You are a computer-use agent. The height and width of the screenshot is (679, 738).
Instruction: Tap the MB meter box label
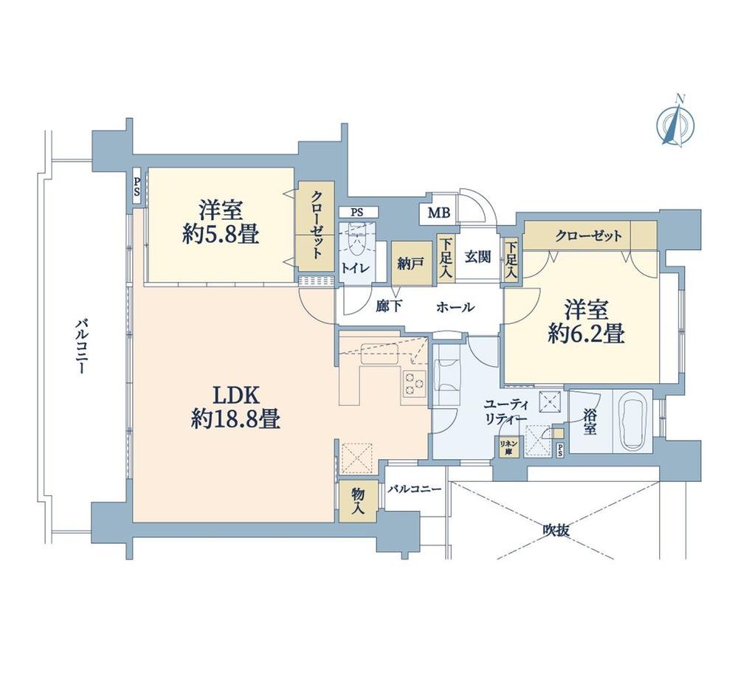438,213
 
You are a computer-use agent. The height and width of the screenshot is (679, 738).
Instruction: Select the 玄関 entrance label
478,257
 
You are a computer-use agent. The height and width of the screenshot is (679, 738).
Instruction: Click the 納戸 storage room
411,263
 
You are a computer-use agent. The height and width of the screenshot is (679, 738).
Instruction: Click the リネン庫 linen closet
508,447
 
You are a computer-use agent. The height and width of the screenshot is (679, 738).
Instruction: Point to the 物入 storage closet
358,500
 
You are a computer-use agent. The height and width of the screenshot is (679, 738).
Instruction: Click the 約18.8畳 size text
236,418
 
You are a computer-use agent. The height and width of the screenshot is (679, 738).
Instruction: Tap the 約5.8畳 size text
221,235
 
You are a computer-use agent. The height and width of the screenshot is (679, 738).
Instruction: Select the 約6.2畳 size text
587,334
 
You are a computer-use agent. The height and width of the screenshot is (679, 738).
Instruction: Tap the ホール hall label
455,308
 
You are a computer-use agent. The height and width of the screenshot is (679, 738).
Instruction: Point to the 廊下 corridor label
389,307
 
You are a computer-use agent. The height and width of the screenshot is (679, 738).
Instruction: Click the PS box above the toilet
357,213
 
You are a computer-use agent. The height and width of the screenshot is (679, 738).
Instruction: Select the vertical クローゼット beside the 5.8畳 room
315,226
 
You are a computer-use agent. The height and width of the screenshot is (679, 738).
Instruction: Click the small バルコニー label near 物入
415,489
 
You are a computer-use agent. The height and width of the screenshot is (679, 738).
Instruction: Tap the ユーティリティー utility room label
506,413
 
